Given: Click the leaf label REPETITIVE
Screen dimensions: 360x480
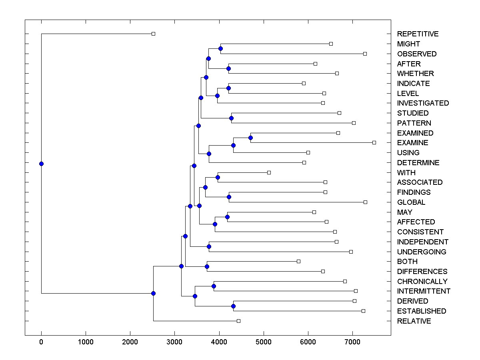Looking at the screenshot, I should coord(418,34).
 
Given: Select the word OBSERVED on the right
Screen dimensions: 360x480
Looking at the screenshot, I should coord(416,54).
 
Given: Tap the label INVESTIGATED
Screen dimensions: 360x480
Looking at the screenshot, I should coord(423,103).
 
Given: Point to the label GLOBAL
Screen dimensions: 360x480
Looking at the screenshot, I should coord(411,202).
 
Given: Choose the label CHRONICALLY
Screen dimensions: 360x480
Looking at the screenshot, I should coord(422,282).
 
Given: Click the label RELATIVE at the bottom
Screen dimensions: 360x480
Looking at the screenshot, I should coord(414,321).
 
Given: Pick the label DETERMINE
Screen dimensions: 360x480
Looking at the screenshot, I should coord(418,163).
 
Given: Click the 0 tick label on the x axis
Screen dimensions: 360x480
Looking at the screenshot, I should coord(41,342).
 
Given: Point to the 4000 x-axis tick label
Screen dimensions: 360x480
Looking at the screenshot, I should coord(219,342).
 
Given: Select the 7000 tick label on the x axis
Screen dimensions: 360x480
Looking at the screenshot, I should coord(352,342).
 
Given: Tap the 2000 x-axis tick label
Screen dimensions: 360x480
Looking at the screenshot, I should coord(130,342).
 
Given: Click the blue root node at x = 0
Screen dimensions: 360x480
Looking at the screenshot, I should coord(41,164).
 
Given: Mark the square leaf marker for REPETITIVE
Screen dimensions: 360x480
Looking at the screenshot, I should coord(153,34).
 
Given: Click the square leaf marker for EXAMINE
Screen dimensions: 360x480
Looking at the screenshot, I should coord(374,142).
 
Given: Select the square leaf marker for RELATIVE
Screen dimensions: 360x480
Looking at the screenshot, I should coord(238,321).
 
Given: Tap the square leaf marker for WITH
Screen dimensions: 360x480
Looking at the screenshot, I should coord(269,172).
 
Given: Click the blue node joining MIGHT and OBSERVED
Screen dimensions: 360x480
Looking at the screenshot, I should coord(220,49).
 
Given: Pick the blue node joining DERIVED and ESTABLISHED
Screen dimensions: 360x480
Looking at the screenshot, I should coord(234,306).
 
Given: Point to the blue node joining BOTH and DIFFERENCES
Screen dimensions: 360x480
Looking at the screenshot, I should coord(207,266).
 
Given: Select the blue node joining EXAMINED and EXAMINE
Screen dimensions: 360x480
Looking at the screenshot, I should coord(250,138).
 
